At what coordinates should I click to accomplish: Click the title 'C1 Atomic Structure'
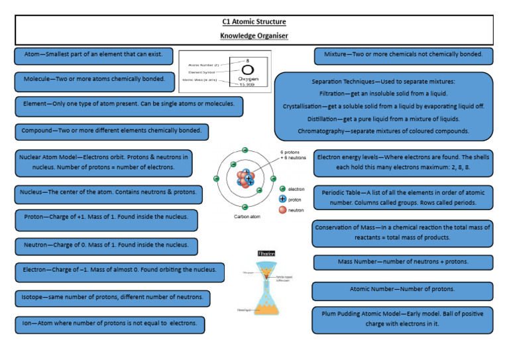[254, 22]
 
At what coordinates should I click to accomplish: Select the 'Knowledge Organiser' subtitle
[254, 35]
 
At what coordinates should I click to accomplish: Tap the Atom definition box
[93, 54]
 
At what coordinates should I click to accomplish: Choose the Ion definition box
[109, 324]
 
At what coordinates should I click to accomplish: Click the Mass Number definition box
[402, 262]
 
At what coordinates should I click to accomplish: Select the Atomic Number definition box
[402, 290]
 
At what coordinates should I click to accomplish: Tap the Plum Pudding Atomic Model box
[402, 319]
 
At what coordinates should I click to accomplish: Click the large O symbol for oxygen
[247, 70]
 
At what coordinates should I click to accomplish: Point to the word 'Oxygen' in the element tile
[247, 78]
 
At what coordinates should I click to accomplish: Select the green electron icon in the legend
[283, 189]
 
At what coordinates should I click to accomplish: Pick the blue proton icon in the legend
[283, 199]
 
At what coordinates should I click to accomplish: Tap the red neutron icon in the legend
[283, 210]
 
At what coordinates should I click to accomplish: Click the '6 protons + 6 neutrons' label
[293, 154]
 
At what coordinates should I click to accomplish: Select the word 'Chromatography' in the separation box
[321, 131]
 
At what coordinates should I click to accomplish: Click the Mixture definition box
[403, 54]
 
